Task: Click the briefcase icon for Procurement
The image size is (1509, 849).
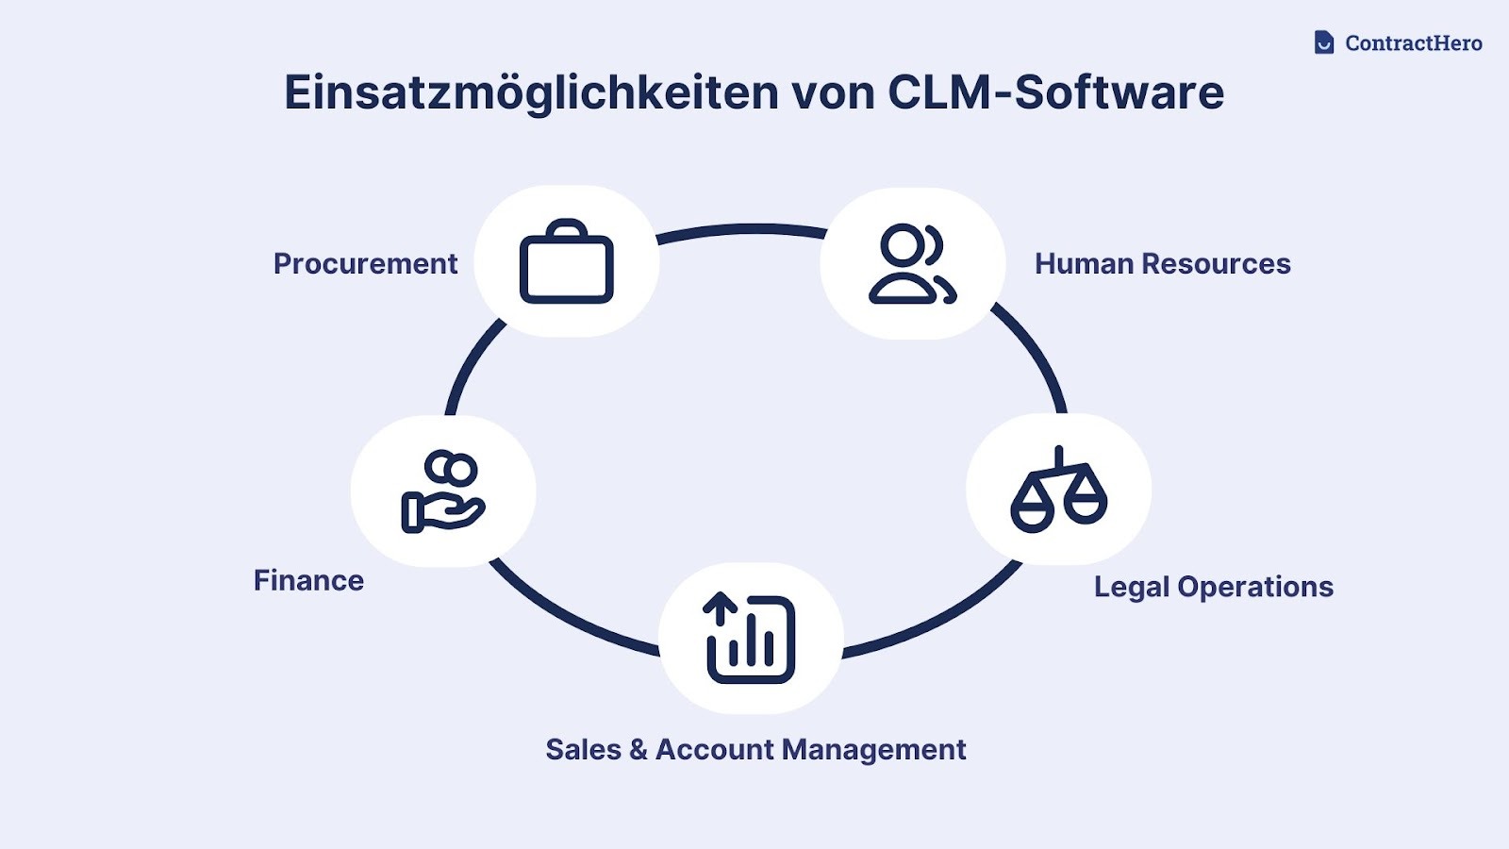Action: coord(566,262)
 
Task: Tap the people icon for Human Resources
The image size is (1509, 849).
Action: coord(912,264)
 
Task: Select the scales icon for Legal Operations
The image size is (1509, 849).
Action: coord(1058,490)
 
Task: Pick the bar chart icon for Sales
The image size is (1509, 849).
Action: coord(751,638)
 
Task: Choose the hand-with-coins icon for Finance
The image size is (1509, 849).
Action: coord(442,491)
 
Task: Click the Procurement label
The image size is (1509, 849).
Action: coord(365,264)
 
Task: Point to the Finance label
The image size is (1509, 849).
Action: coord(308,580)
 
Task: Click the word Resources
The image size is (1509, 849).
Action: coord(1216,264)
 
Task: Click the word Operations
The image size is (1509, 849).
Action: coord(1255,587)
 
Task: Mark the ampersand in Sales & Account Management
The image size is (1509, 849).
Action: coord(638,750)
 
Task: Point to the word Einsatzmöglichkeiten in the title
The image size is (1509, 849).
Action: coord(531,93)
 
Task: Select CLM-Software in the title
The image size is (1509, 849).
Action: coord(1055,92)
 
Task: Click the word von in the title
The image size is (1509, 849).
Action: coord(833,93)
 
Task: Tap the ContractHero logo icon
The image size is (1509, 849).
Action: coord(1324,42)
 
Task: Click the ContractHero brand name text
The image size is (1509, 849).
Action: coord(1413,43)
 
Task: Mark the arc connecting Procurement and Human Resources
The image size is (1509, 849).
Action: coord(741,228)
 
